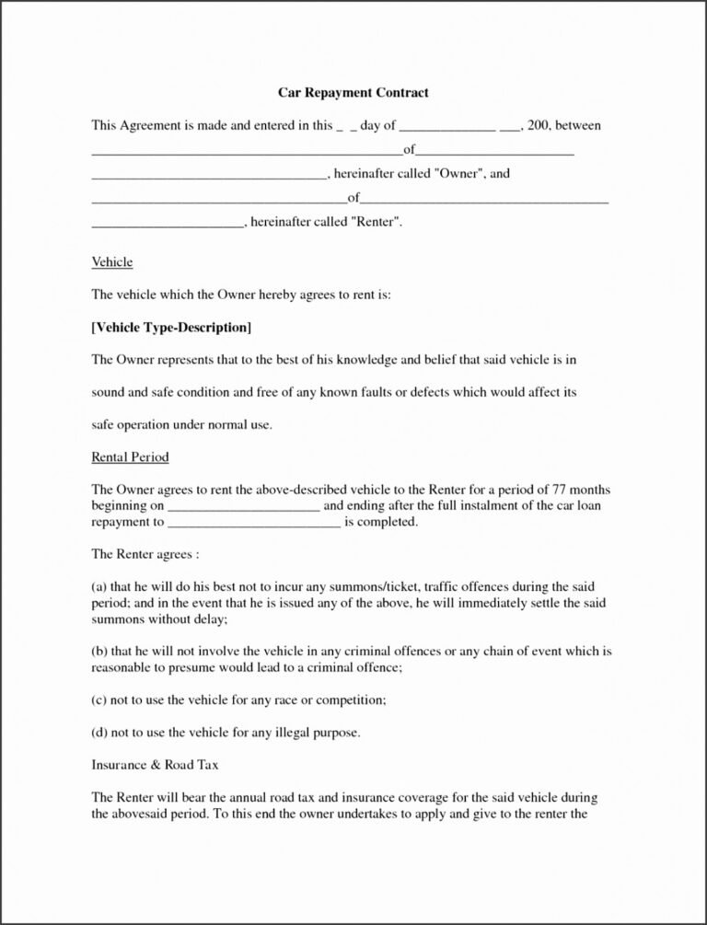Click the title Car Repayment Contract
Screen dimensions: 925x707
click(x=353, y=93)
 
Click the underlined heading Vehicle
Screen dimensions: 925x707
click(x=112, y=262)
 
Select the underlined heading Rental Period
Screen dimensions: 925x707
click(x=130, y=457)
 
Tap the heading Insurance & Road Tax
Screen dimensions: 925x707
click(x=155, y=765)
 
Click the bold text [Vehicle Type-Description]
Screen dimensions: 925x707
click(x=171, y=328)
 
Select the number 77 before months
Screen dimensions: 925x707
click(x=563, y=490)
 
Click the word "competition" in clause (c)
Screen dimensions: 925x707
click(x=351, y=700)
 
